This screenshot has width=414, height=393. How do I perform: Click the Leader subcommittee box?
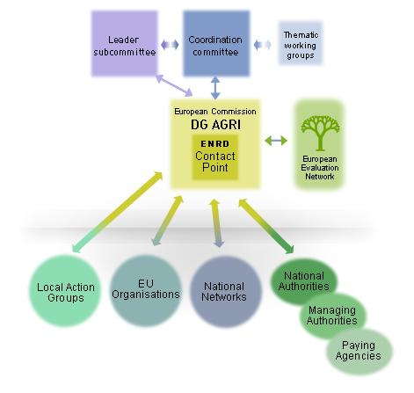point(125,43)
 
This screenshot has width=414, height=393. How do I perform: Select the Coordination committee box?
point(216,43)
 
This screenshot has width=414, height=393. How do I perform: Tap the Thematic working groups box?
point(301,43)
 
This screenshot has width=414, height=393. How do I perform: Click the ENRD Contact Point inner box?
point(215,157)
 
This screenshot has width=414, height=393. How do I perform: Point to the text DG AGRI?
point(215,125)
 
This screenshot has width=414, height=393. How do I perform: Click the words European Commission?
point(215,112)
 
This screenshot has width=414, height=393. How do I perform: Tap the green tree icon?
point(320,133)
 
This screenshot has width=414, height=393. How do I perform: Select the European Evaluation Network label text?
point(320,168)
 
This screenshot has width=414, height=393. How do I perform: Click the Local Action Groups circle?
point(65,291)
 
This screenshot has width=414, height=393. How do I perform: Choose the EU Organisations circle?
point(146,290)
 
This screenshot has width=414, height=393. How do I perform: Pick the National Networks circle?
point(224,292)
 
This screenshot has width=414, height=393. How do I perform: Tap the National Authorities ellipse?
point(304,281)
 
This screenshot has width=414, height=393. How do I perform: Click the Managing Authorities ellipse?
point(332,316)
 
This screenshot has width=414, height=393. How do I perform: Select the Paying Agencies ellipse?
point(359,351)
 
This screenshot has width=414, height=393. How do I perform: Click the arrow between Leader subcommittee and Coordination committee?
point(170,45)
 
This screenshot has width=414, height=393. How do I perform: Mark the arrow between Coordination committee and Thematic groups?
point(263,45)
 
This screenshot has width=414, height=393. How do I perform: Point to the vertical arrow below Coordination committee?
point(215,88)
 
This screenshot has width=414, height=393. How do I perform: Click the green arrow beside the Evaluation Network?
point(276,141)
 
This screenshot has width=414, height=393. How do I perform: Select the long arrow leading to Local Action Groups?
point(118,212)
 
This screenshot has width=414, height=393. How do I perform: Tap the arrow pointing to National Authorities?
point(266,226)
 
